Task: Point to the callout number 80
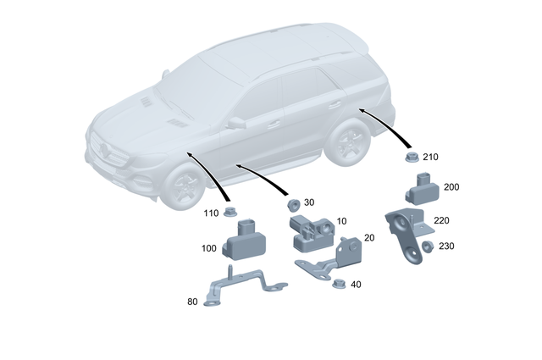(192, 301)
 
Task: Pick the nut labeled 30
(290, 204)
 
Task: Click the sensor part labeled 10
(311, 233)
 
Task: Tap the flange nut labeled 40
(337, 285)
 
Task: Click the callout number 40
(355, 285)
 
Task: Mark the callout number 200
(451, 186)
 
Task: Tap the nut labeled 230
(428, 246)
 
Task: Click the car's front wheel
(180, 187)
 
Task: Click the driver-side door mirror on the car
(235, 123)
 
